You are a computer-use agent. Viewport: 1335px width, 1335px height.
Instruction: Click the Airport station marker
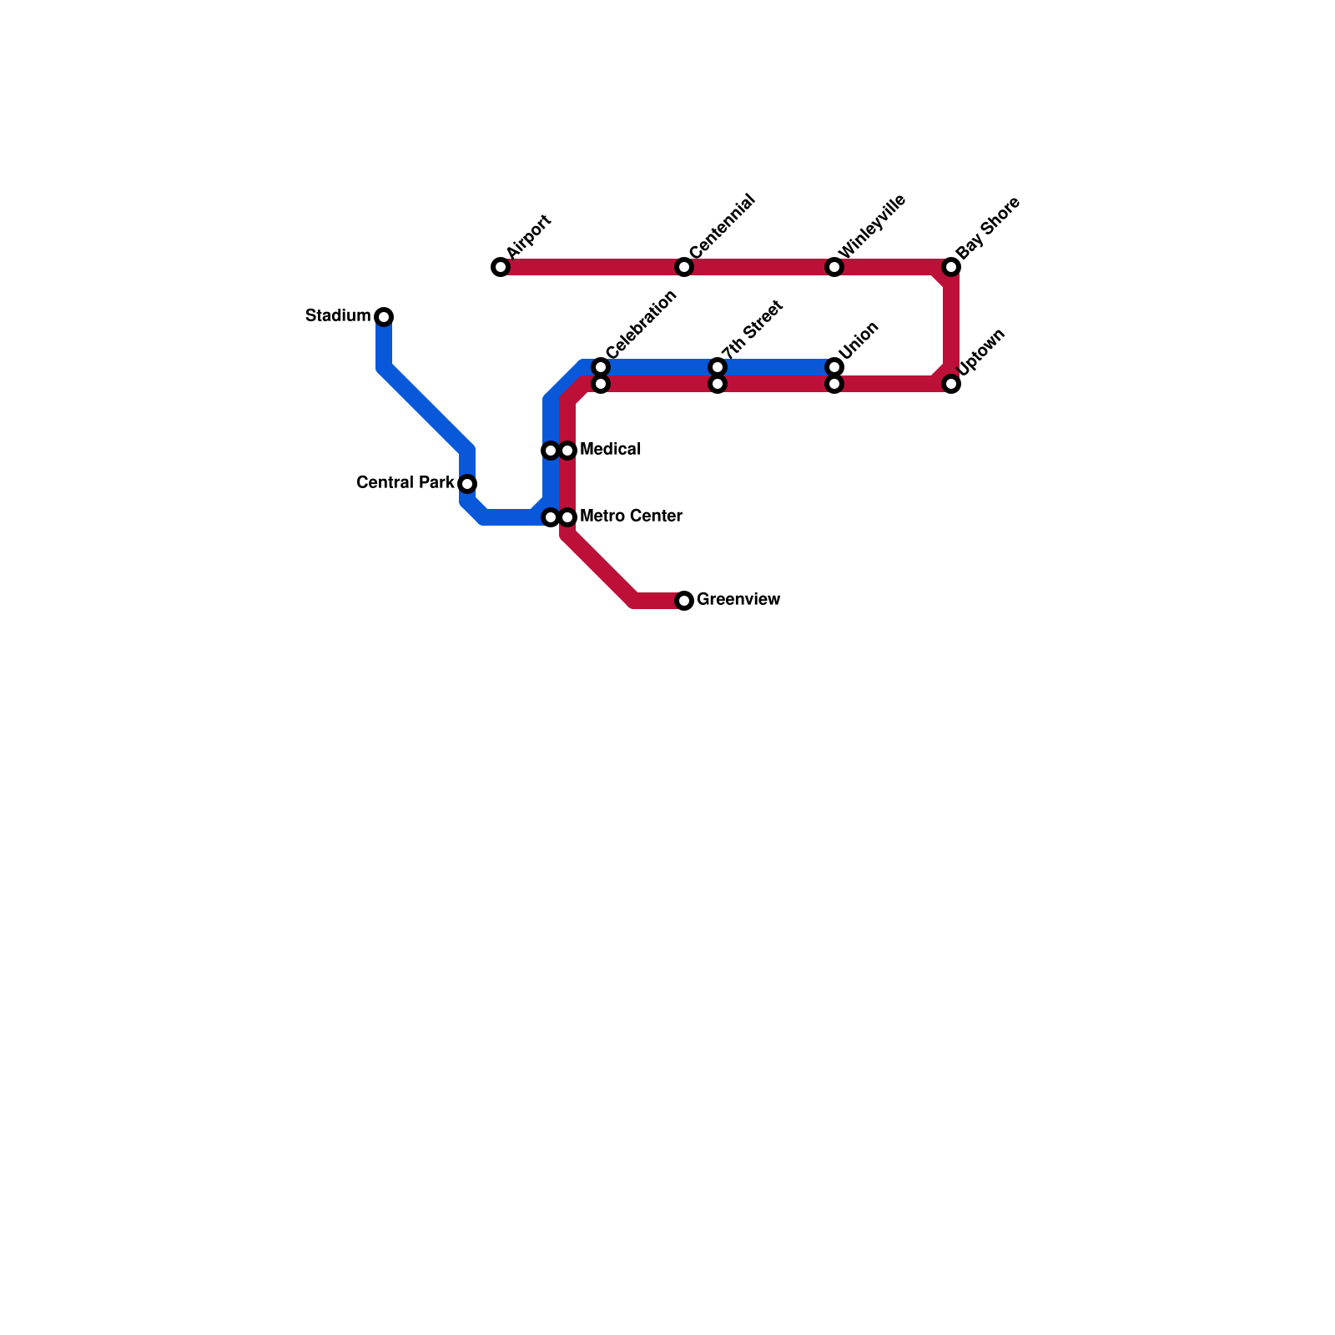(x=501, y=267)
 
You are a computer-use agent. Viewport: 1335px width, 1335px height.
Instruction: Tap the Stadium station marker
(x=384, y=317)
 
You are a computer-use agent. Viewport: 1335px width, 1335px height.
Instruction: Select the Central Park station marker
(x=467, y=484)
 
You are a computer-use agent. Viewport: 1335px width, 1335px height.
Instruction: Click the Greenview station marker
(x=684, y=601)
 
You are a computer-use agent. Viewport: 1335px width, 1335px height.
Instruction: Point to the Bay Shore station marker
(x=951, y=267)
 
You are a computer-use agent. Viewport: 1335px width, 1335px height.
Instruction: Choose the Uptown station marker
(x=951, y=384)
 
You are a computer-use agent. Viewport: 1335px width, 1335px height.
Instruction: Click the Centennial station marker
(x=684, y=267)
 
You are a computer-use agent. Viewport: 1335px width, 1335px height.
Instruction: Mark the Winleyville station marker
(x=834, y=267)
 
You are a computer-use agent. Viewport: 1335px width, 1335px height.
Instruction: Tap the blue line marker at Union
(x=834, y=367)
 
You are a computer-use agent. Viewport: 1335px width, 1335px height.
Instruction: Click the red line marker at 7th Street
(x=718, y=384)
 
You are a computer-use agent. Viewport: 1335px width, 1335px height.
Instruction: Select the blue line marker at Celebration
(x=601, y=367)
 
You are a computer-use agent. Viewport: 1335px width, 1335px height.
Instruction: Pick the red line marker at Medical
(x=567, y=451)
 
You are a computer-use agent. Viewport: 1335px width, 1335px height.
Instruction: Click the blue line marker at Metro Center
(x=550, y=517)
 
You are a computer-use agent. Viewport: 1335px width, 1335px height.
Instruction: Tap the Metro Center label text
(x=631, y=516)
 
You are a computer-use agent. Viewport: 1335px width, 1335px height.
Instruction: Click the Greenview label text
(x=738, y=600)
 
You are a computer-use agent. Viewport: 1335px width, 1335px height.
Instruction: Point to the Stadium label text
(x=338, y=316)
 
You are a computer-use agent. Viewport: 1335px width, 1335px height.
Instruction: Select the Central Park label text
(x=406, y=483)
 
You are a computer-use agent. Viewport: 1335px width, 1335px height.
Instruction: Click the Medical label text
(x=610, y=450)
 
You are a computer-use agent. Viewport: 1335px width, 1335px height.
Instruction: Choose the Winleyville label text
(x=873, y=226)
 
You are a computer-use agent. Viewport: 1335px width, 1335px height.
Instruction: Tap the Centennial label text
(x=723, y=226)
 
